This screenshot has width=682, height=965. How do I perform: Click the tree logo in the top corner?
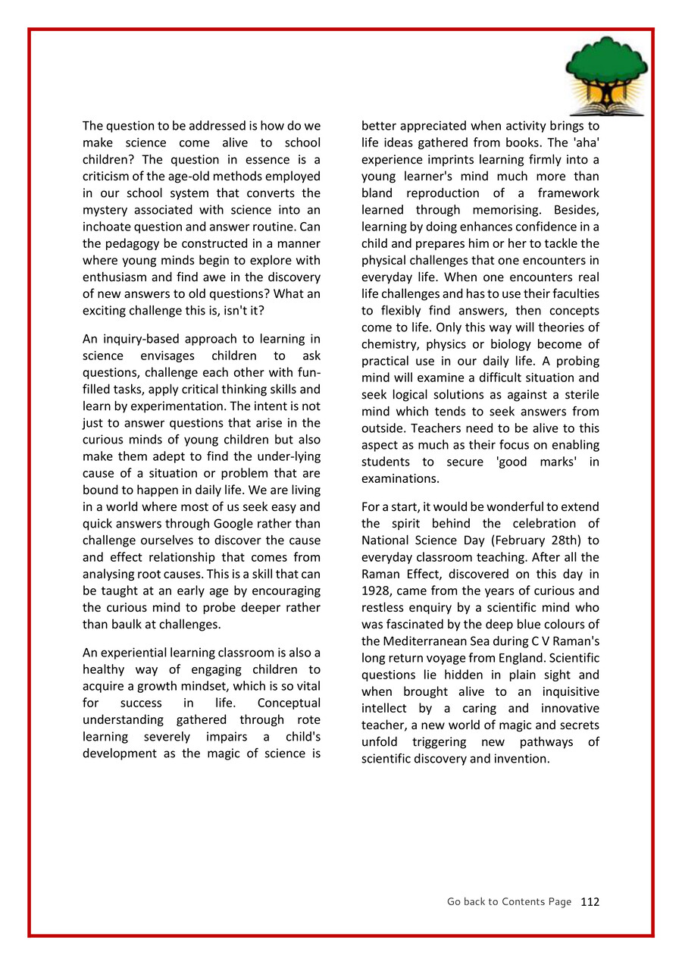607,75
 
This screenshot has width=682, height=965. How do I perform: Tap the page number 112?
590,902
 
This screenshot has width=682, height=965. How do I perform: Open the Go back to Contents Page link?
508,902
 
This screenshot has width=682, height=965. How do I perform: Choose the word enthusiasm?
121,277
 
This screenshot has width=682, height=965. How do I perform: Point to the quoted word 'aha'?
583,143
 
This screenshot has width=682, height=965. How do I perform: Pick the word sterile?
576,394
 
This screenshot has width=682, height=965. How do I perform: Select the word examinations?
400,478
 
